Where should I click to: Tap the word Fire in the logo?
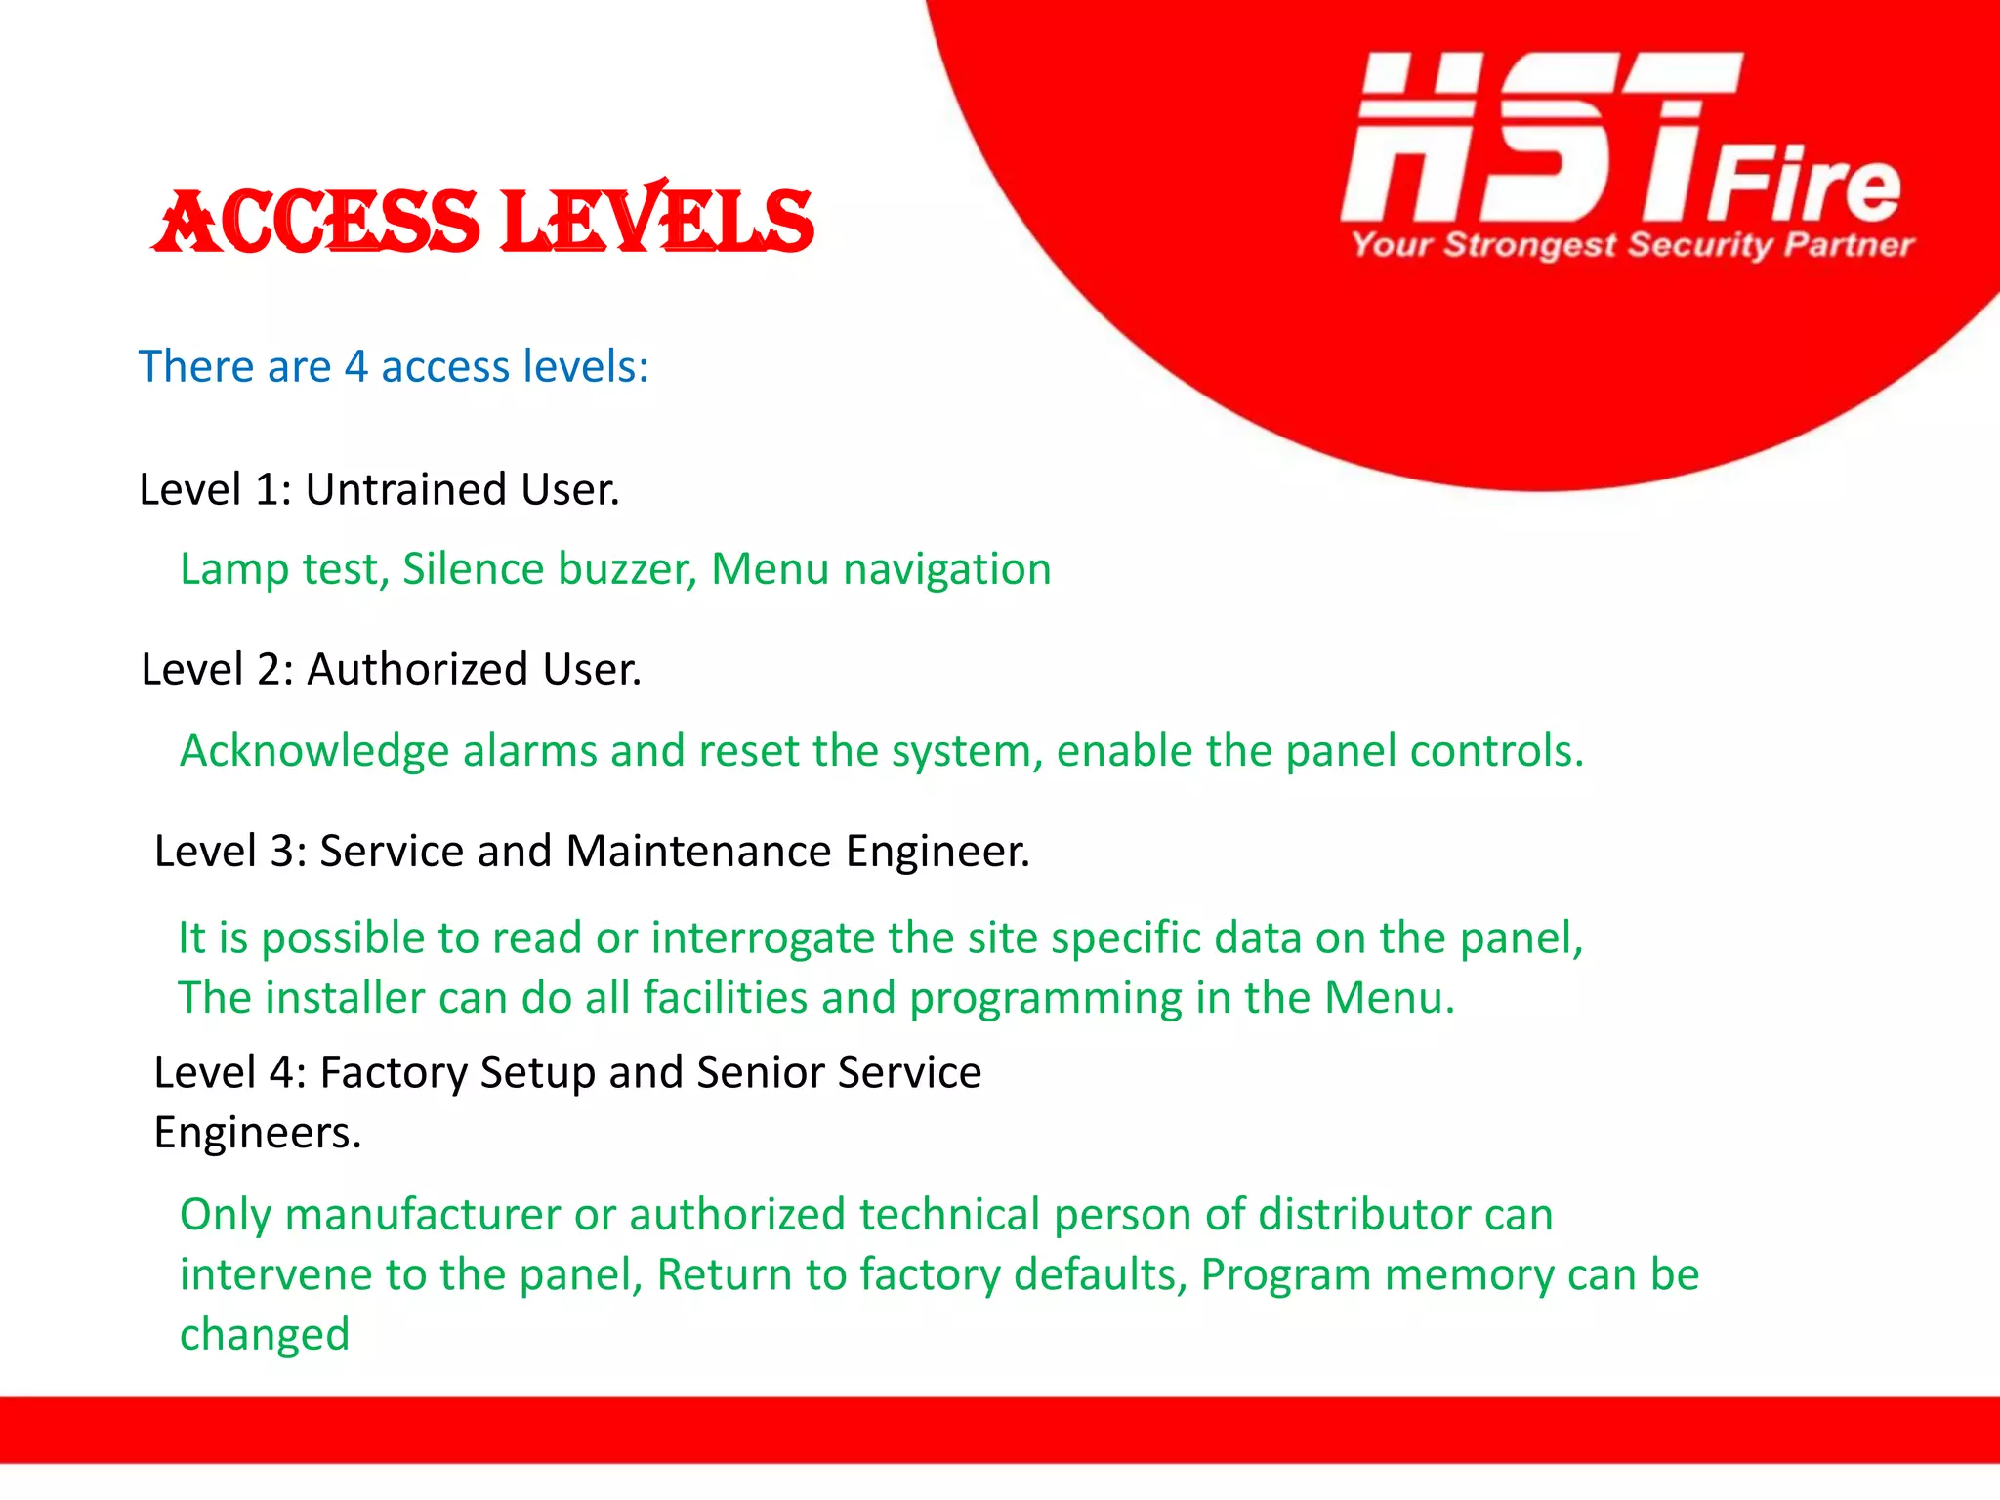point(1803,186)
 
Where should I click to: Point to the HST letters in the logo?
point(1523,137)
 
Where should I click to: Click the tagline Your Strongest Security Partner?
point(1632,244)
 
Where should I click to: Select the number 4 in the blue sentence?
point(355,367)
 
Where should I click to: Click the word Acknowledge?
point(314,752)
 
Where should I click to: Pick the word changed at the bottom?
point(265,1335)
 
